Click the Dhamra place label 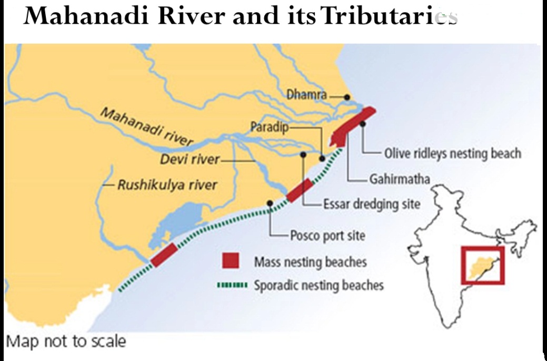pyautogui.click(x=306, y=95)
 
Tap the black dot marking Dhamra pyautogui.click(x=347, y=97)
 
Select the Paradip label pyautogui.click(x=270, y=127)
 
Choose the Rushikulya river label pyautogui.click(x=167, y=185)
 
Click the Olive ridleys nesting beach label pyautogui.click(x=452, y=153)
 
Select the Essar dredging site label pyautogui.click(x=371, y=204)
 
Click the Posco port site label pyautogui.click(x=327, y=235)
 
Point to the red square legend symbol pyautogui.click(x=231, y=261)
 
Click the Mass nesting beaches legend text pyautogui.click(x=310, y=261)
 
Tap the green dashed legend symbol pyautogui.click(x=232, y=286)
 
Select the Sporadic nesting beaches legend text pyautogui.click(x=319, y=286)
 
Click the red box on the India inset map pyautogui.click(x=482, y=265)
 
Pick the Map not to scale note pyautogui.click(x=66, y=341)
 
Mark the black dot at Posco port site pyautogui.click(x=270, y=202)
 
